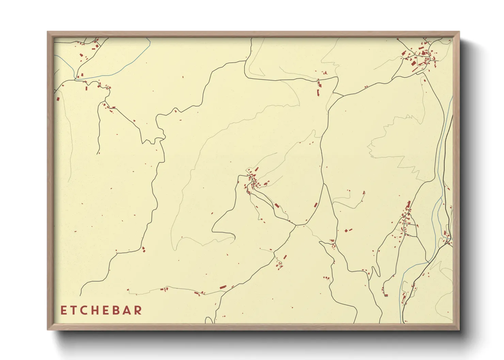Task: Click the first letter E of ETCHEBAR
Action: (63, 310)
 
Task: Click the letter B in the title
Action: (117, 310)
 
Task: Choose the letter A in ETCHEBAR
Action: (127, 310)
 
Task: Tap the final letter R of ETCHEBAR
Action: (138, 310)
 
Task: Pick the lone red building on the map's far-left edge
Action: (58, 99)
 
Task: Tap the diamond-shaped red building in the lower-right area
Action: (346, 230)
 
